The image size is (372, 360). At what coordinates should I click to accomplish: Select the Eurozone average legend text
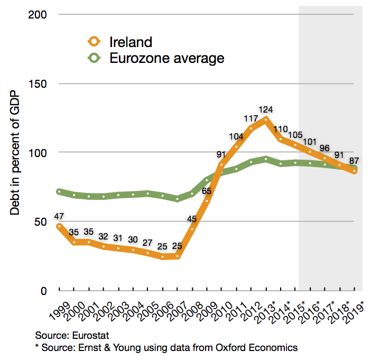click(x=166, y=58)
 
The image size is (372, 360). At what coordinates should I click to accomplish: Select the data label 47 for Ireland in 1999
click(x=60, y=217)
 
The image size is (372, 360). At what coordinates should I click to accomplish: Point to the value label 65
click(x=207, y=191)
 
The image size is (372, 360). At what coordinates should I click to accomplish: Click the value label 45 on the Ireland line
click(x=192, y=218)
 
